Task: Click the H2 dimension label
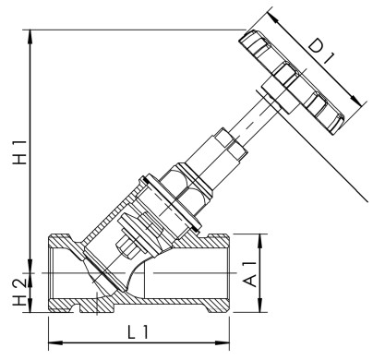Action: click(x=17, y=289)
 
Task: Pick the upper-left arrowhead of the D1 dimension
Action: click(x=273, y=14)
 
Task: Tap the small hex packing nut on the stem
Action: click(x=227, y=147)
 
